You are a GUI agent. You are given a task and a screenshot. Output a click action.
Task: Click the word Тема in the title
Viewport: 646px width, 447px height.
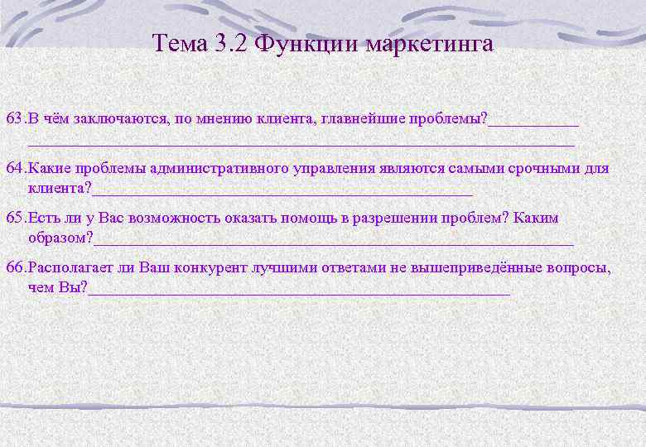[178, 44]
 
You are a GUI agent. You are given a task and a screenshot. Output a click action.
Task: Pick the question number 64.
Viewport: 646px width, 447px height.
[15, 169]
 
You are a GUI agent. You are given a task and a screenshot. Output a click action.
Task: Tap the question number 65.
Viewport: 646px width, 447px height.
[15, 219]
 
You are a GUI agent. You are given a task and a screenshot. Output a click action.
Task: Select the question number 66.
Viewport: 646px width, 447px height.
[15, 268]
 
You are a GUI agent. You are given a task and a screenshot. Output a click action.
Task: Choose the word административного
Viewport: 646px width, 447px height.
[208, 169]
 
